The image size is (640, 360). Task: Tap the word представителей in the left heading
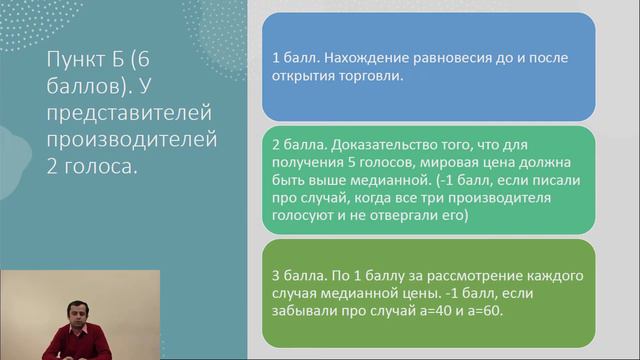coord(124,110)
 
